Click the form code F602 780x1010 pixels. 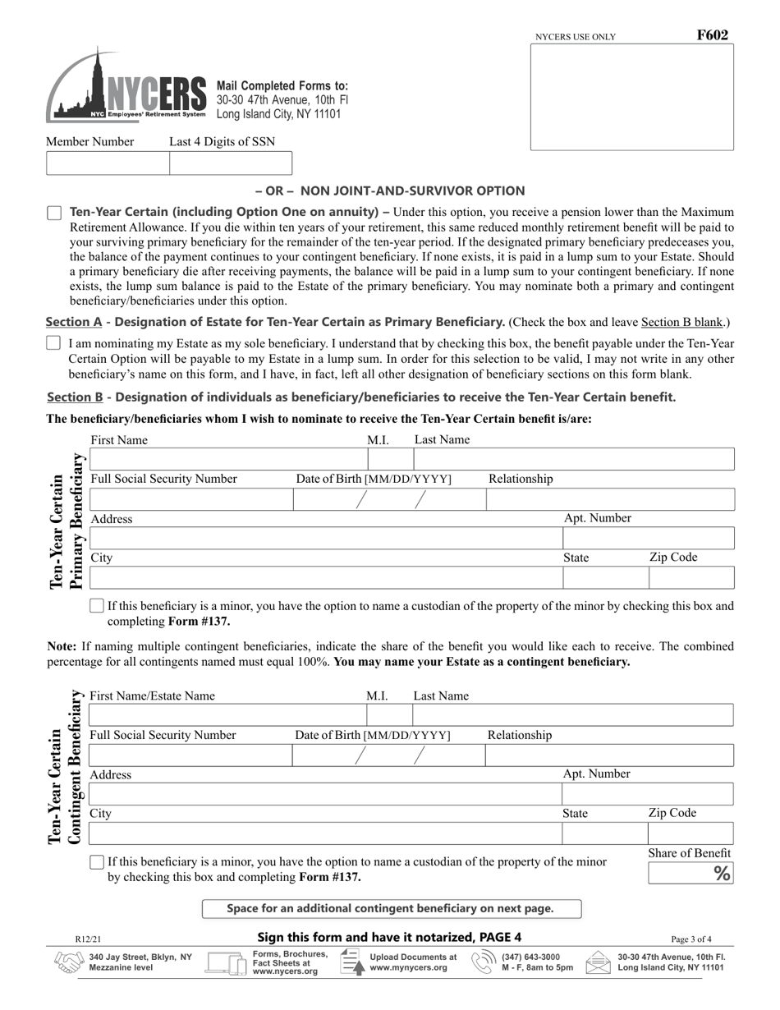click(712, 35)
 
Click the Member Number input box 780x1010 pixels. click(108, 163)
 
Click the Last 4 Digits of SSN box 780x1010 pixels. click(230, 163)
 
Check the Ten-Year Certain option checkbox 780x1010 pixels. click(54, 213)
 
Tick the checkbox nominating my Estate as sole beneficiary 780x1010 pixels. click(53, 343)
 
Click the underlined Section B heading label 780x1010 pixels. click(75, 397)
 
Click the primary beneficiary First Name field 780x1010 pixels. click(227, 459)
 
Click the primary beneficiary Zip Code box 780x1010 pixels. click(691, 577)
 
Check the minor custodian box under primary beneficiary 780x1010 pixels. click(97, 607)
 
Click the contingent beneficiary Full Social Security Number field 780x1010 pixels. click(190, 755)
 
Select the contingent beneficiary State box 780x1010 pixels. click(604, 833)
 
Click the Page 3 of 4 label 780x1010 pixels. click(691, 939)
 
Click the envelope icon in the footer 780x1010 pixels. click(598, 962)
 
